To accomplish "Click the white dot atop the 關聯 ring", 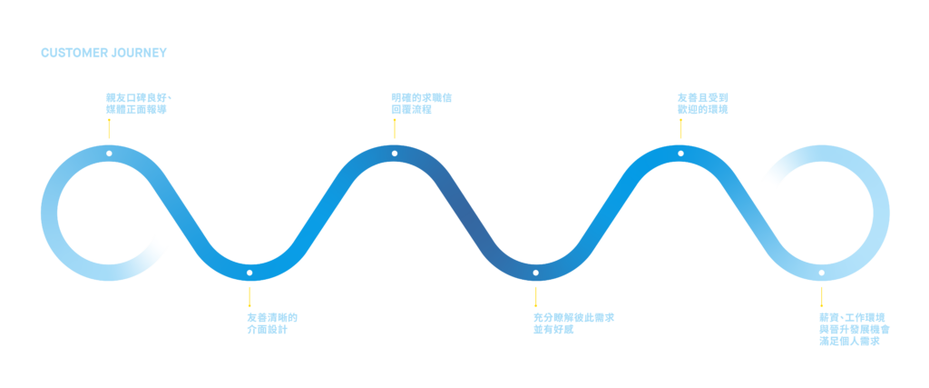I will pos(109,153).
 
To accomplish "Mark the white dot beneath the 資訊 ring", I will pos(249,272).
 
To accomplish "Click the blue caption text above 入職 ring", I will pos(703,103).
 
